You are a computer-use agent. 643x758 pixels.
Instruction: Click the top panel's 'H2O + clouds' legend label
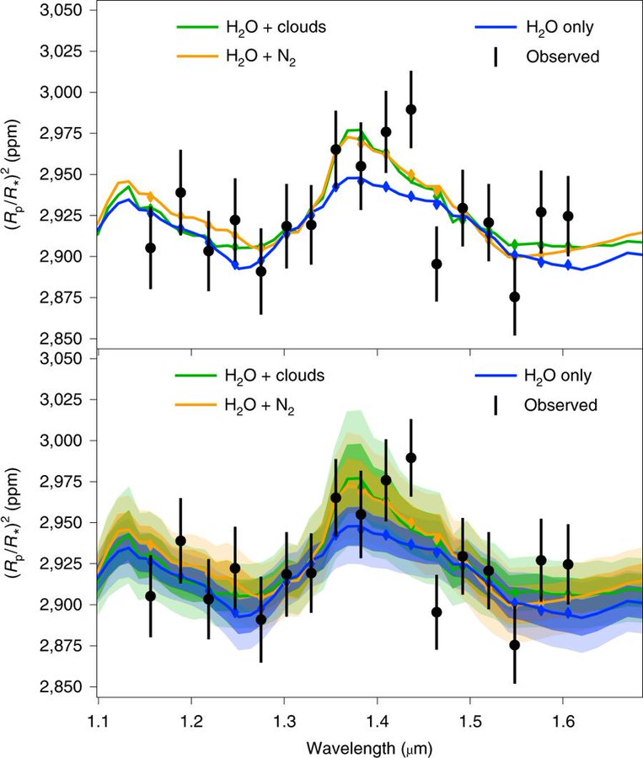pyautogui.click(x=274, y=27)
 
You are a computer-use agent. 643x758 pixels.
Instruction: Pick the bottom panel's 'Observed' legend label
pyautogui.click(x=560, y=405)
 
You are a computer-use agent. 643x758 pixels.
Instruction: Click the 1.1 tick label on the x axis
pyautogui.click(x=99, y=721)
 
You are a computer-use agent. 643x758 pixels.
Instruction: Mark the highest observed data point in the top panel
pyautogui.click(x=410, y=109)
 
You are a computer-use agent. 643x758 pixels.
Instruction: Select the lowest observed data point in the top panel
pyautogui.click(x=515, y=296)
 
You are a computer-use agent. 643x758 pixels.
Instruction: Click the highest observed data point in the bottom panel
pyautogui.click(x=410, y=458)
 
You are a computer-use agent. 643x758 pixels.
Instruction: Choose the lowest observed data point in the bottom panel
pyautogui.click(x=515, y=645)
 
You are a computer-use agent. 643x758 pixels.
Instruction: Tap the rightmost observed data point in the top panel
pyautogui.click(x=568, y=216)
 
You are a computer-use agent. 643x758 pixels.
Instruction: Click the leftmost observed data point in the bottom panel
pyautogui.click(x=151, y=596)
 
